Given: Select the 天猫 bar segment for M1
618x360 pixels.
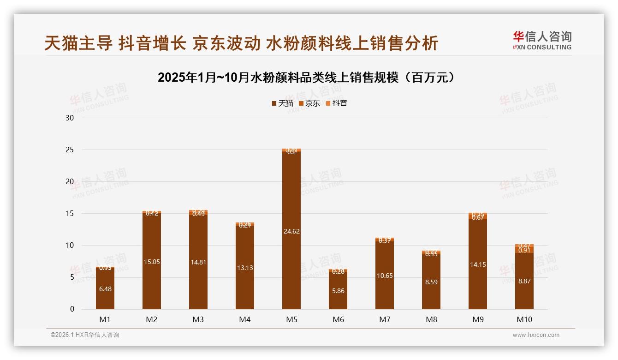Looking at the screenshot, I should [105, 295].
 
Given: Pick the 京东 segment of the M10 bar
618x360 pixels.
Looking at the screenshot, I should [524, 250].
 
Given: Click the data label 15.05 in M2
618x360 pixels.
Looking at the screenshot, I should [152, 262].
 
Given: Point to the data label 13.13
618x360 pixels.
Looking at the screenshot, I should [245, 268].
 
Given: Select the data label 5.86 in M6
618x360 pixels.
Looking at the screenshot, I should [338, 291].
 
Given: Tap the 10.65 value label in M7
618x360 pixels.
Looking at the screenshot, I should [385, 276].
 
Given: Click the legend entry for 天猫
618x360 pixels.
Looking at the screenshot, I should [282, 103].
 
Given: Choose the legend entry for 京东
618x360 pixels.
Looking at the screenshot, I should [309, 103].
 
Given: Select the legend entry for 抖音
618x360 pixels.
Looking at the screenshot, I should [337, 103].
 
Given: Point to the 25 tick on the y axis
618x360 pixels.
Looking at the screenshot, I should [70, 150].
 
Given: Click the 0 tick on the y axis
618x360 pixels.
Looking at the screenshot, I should [72, 309].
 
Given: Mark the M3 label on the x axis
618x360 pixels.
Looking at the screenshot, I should [198, 319].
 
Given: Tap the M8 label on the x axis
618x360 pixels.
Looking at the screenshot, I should [431, 319].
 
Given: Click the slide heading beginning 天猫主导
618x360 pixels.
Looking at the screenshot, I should [241, 43].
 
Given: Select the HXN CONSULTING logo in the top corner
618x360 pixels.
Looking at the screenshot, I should [542, 41].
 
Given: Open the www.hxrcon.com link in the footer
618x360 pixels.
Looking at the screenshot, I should [536, 335].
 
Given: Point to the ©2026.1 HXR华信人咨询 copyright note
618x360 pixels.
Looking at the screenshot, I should [85, 335].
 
